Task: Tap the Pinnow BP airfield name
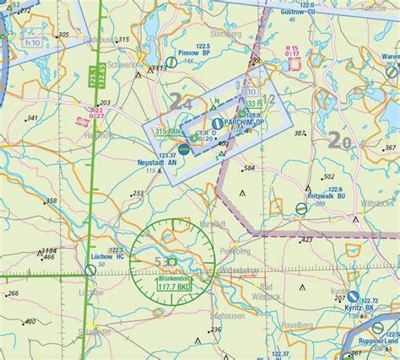182,62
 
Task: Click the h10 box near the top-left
33,43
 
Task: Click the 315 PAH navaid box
166,132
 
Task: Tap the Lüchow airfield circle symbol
90,270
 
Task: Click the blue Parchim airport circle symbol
218,123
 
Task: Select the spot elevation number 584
248,169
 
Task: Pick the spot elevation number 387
299,133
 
